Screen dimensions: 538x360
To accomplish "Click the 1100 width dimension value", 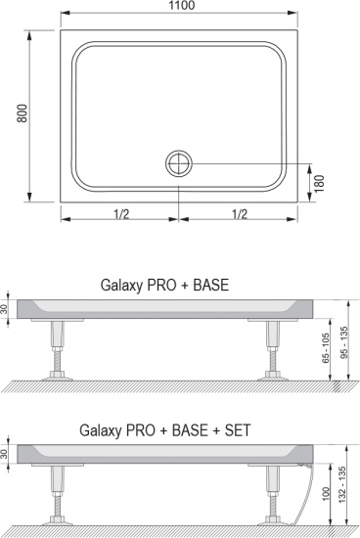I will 180,7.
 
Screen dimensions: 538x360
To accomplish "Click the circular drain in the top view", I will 179,162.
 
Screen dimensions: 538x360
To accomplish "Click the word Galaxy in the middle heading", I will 123,287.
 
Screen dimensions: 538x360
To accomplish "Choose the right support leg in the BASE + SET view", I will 272,494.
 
